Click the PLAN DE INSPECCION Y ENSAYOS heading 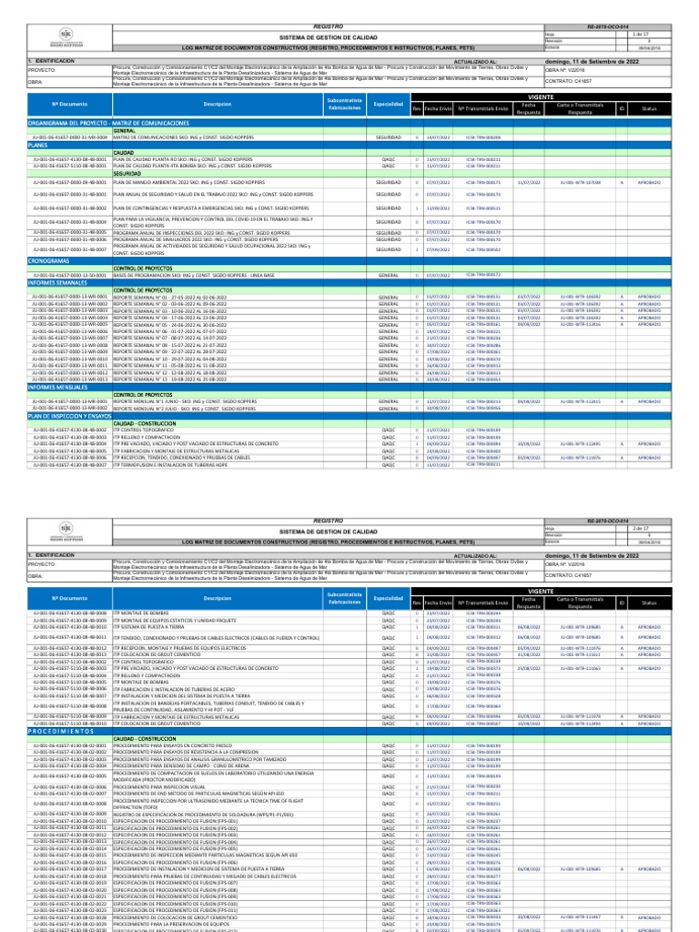point(68,416)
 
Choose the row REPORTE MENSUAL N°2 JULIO point(182,409)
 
